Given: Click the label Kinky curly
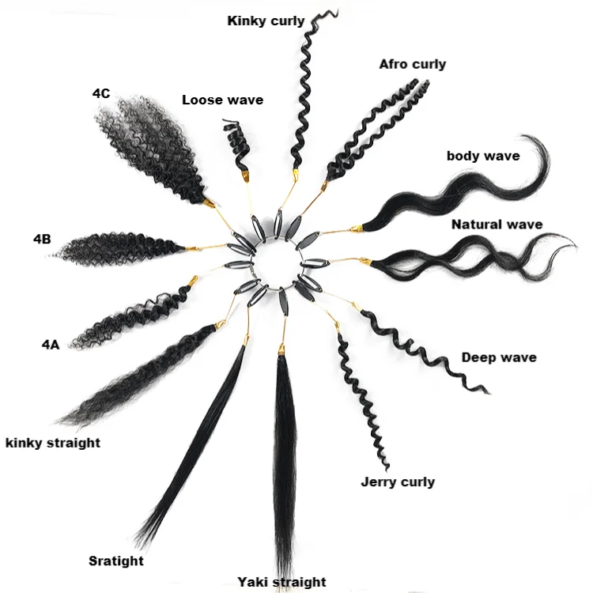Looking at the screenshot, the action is tap(266, 21).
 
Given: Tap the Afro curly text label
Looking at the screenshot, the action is tap(412, 64).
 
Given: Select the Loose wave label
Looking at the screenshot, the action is tap(223, 100).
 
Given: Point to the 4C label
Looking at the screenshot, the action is tap(101, 93).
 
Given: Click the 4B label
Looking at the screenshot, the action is tap(42, 239).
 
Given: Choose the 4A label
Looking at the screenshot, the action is tap(51, 345).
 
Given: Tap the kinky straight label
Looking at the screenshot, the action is tap(53, 443).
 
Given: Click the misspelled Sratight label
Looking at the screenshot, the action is tap(116, 561).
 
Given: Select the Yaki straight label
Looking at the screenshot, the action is tap(281, 582).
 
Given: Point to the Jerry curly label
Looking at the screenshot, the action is tap(398, 482).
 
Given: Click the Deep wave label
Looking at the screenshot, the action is tap(499, 357).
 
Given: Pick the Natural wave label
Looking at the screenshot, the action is tap(497, 225).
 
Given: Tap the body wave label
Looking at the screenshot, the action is tap(483, 156).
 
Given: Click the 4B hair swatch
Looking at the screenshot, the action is tap(117, 249).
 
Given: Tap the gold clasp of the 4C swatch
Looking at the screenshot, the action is tap(209, 203).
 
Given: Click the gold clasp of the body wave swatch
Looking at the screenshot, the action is tap(357, 228).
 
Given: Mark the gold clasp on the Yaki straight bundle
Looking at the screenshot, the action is tap(281, 349).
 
